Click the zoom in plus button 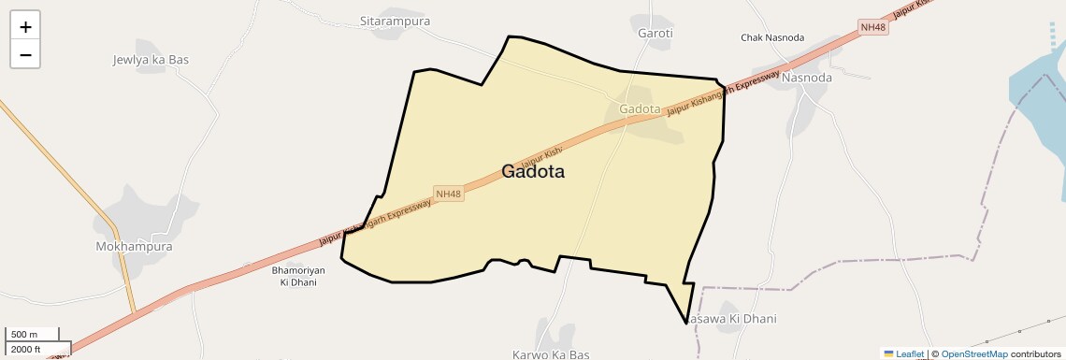(25, 27)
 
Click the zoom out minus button (25, 54)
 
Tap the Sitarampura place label (395, 20)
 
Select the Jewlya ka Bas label (151, 60)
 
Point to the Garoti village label (655, 34)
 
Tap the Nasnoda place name (807, 78)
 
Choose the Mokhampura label (135, 247)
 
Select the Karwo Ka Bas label (551, 354)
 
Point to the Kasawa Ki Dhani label (732, 319)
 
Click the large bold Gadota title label (533, 171)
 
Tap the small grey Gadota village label (641, 109)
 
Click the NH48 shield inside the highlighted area (448, 194)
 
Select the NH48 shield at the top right (873, 27)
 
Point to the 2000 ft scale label (25, 349)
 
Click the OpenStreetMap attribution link (974, 353)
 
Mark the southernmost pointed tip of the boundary (686, 324)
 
